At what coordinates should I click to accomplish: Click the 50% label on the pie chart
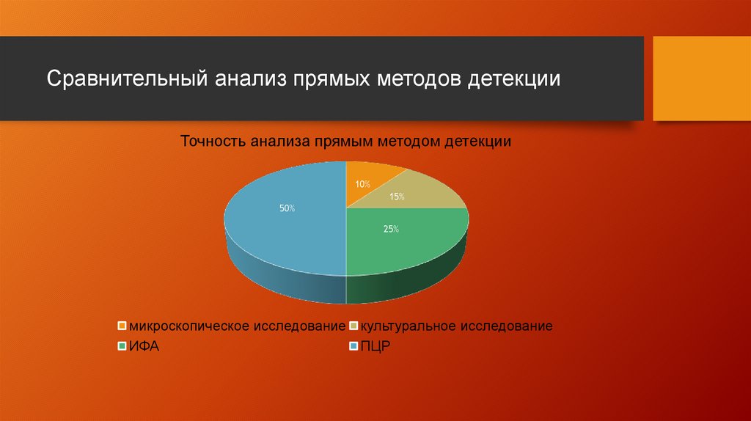point(287,209)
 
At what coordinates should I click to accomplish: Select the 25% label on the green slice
point(391,229)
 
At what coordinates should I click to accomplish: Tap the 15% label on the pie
point(398,197)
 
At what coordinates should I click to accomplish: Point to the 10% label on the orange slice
point(362,184)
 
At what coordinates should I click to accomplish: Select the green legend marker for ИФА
point(122,346)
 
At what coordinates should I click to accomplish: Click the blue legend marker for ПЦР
point(353,346)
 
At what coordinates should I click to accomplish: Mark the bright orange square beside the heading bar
point(701,78)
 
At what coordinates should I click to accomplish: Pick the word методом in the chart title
point(409,141)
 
